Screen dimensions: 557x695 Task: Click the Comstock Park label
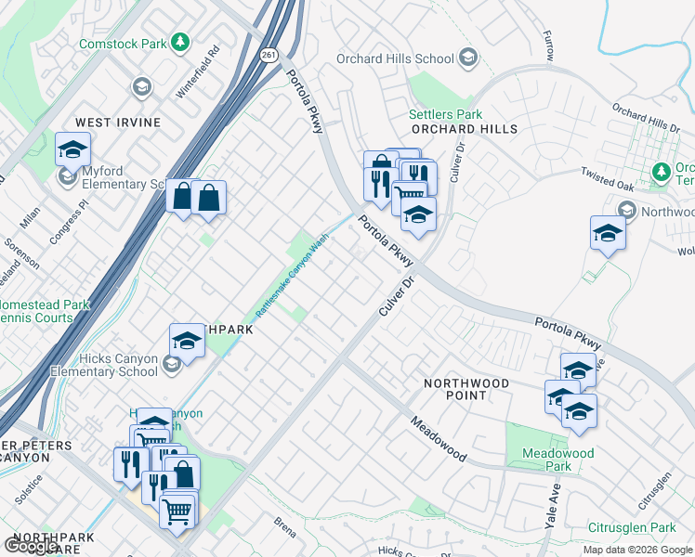[x=121, y=43]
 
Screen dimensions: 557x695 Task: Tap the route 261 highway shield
[x=269, y=55]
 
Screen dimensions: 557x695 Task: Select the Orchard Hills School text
[x=396, y=58]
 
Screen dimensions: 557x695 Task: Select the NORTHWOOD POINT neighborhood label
[x=466, y=389]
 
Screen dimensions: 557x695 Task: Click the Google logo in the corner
[x=31, y=546]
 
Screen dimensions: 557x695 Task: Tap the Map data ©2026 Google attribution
[x=636, y=550]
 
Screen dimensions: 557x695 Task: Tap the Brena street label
[x=285, y=527]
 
